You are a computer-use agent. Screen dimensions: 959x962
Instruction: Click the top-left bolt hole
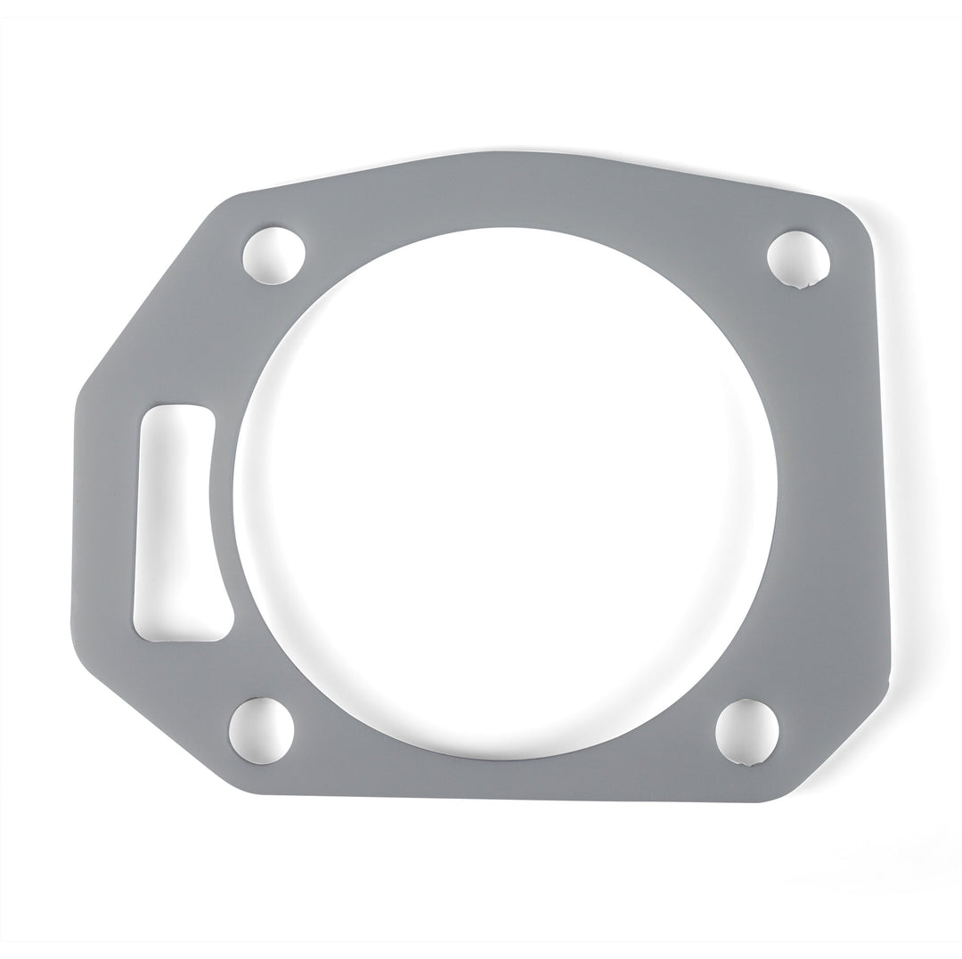tap(273, 256)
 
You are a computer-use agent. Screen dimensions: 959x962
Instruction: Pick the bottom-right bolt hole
tap(746, 732)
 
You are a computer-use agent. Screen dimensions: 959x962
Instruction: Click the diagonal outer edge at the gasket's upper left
tap(143, 303)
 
